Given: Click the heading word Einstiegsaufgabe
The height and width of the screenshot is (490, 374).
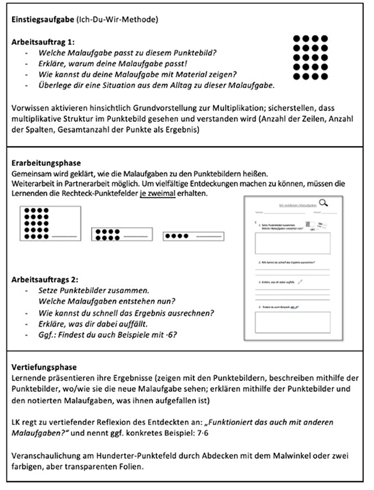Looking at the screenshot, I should pos(42,20).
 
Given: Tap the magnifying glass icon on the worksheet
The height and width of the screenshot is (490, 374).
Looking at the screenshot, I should pos(323,204).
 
